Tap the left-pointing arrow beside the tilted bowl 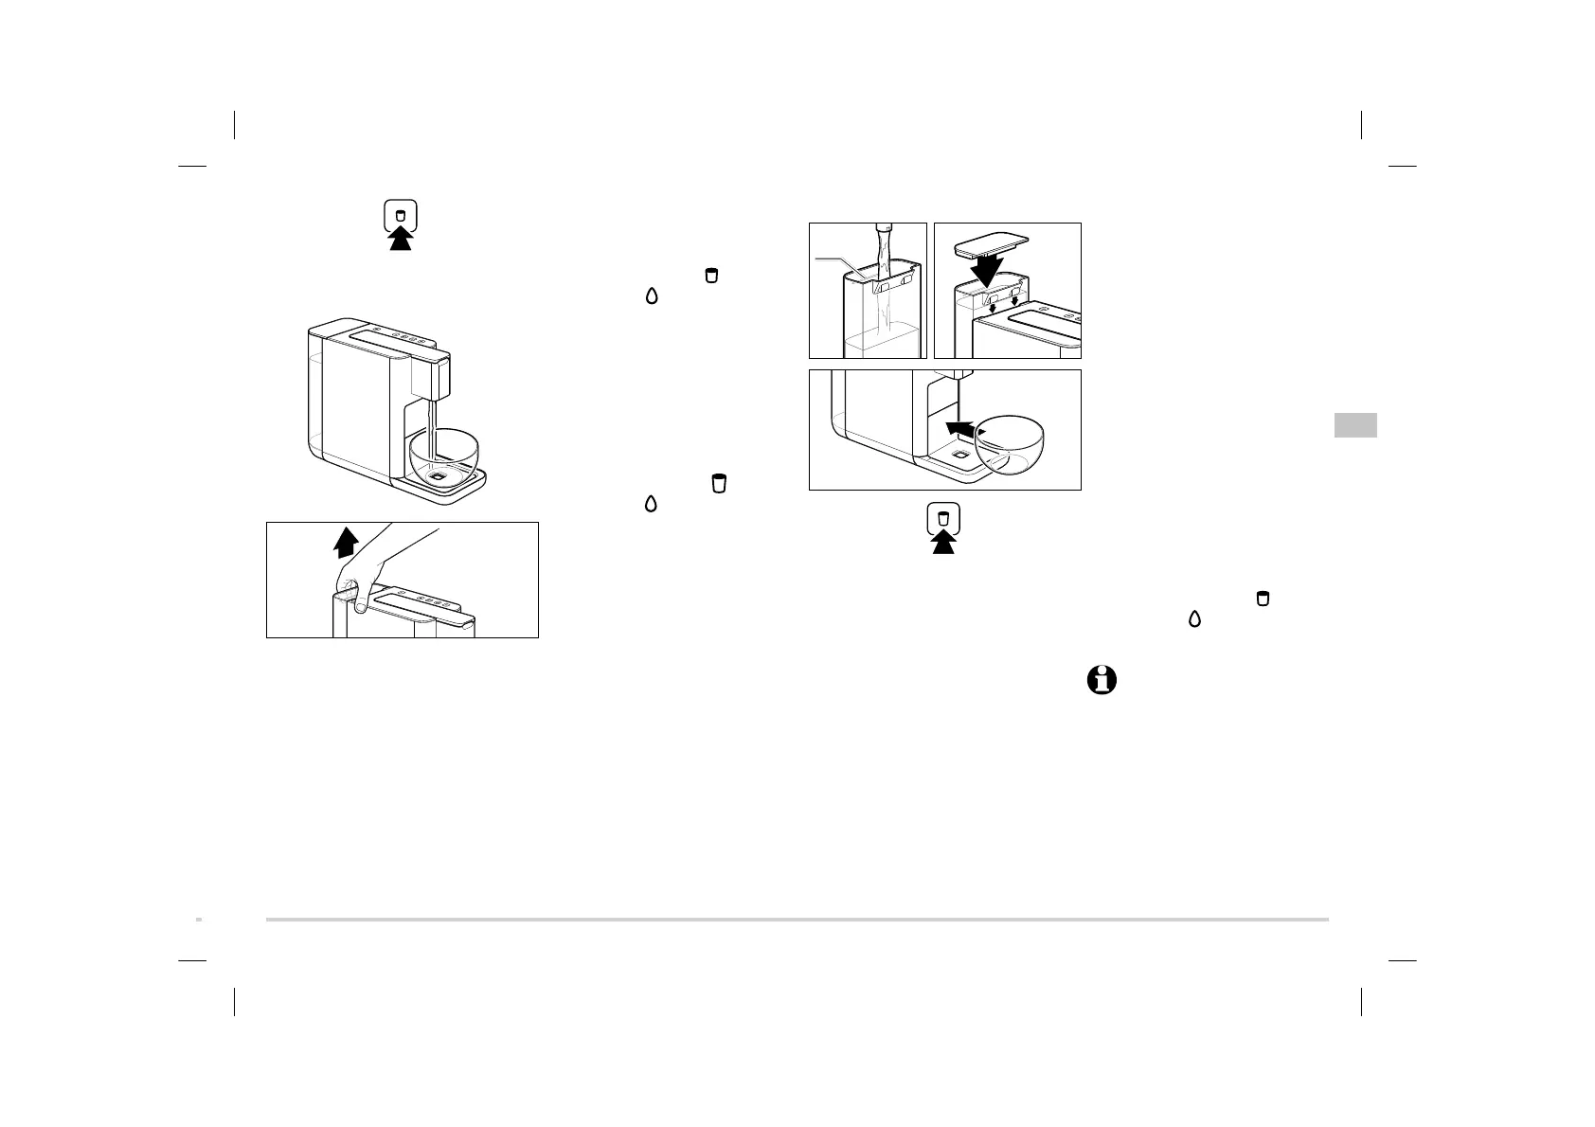[959, 430]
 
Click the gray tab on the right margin [1355, 425]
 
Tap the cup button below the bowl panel [942, 519]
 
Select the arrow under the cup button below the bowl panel [942, 543]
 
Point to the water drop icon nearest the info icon [1194, 618]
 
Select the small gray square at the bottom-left [199, 919]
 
